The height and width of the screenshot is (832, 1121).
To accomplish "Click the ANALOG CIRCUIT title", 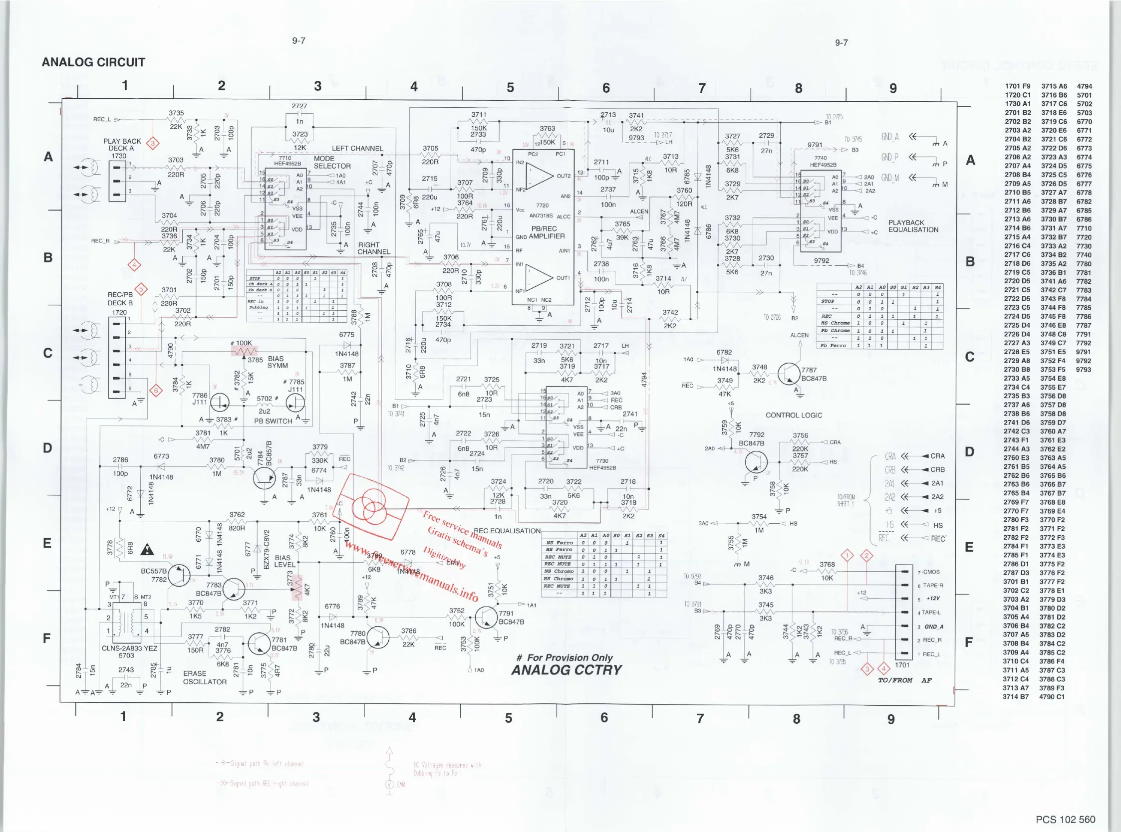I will pos(93,62).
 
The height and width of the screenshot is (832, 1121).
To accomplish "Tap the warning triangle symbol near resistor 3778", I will pos(147,550).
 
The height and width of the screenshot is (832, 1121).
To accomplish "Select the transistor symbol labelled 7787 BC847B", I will pos(789,373).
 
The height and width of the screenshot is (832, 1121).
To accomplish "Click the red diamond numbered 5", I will pos(142,289).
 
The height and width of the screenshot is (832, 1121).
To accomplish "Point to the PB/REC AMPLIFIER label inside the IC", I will pos(543,232).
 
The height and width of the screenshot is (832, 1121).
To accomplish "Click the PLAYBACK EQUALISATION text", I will pos(913,226).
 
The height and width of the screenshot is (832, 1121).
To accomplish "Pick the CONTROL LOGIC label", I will pos(794,415).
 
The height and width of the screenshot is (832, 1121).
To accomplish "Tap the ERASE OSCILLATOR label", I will pos(205,677).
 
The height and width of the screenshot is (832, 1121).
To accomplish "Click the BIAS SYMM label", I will pos(278,362).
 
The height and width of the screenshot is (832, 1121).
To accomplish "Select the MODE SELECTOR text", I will pos(332,162).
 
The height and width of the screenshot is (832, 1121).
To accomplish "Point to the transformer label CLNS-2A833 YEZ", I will pos(129,648).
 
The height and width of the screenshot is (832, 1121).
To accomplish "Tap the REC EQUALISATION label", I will pos(507,531).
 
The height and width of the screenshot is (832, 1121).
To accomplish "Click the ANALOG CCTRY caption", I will pos(566,670).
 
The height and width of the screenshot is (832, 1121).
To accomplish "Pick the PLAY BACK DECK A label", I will pos(122,145).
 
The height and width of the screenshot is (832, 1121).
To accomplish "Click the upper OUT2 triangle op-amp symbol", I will pos(540,176).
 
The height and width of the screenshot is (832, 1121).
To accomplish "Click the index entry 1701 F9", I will pos(1017,86).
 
